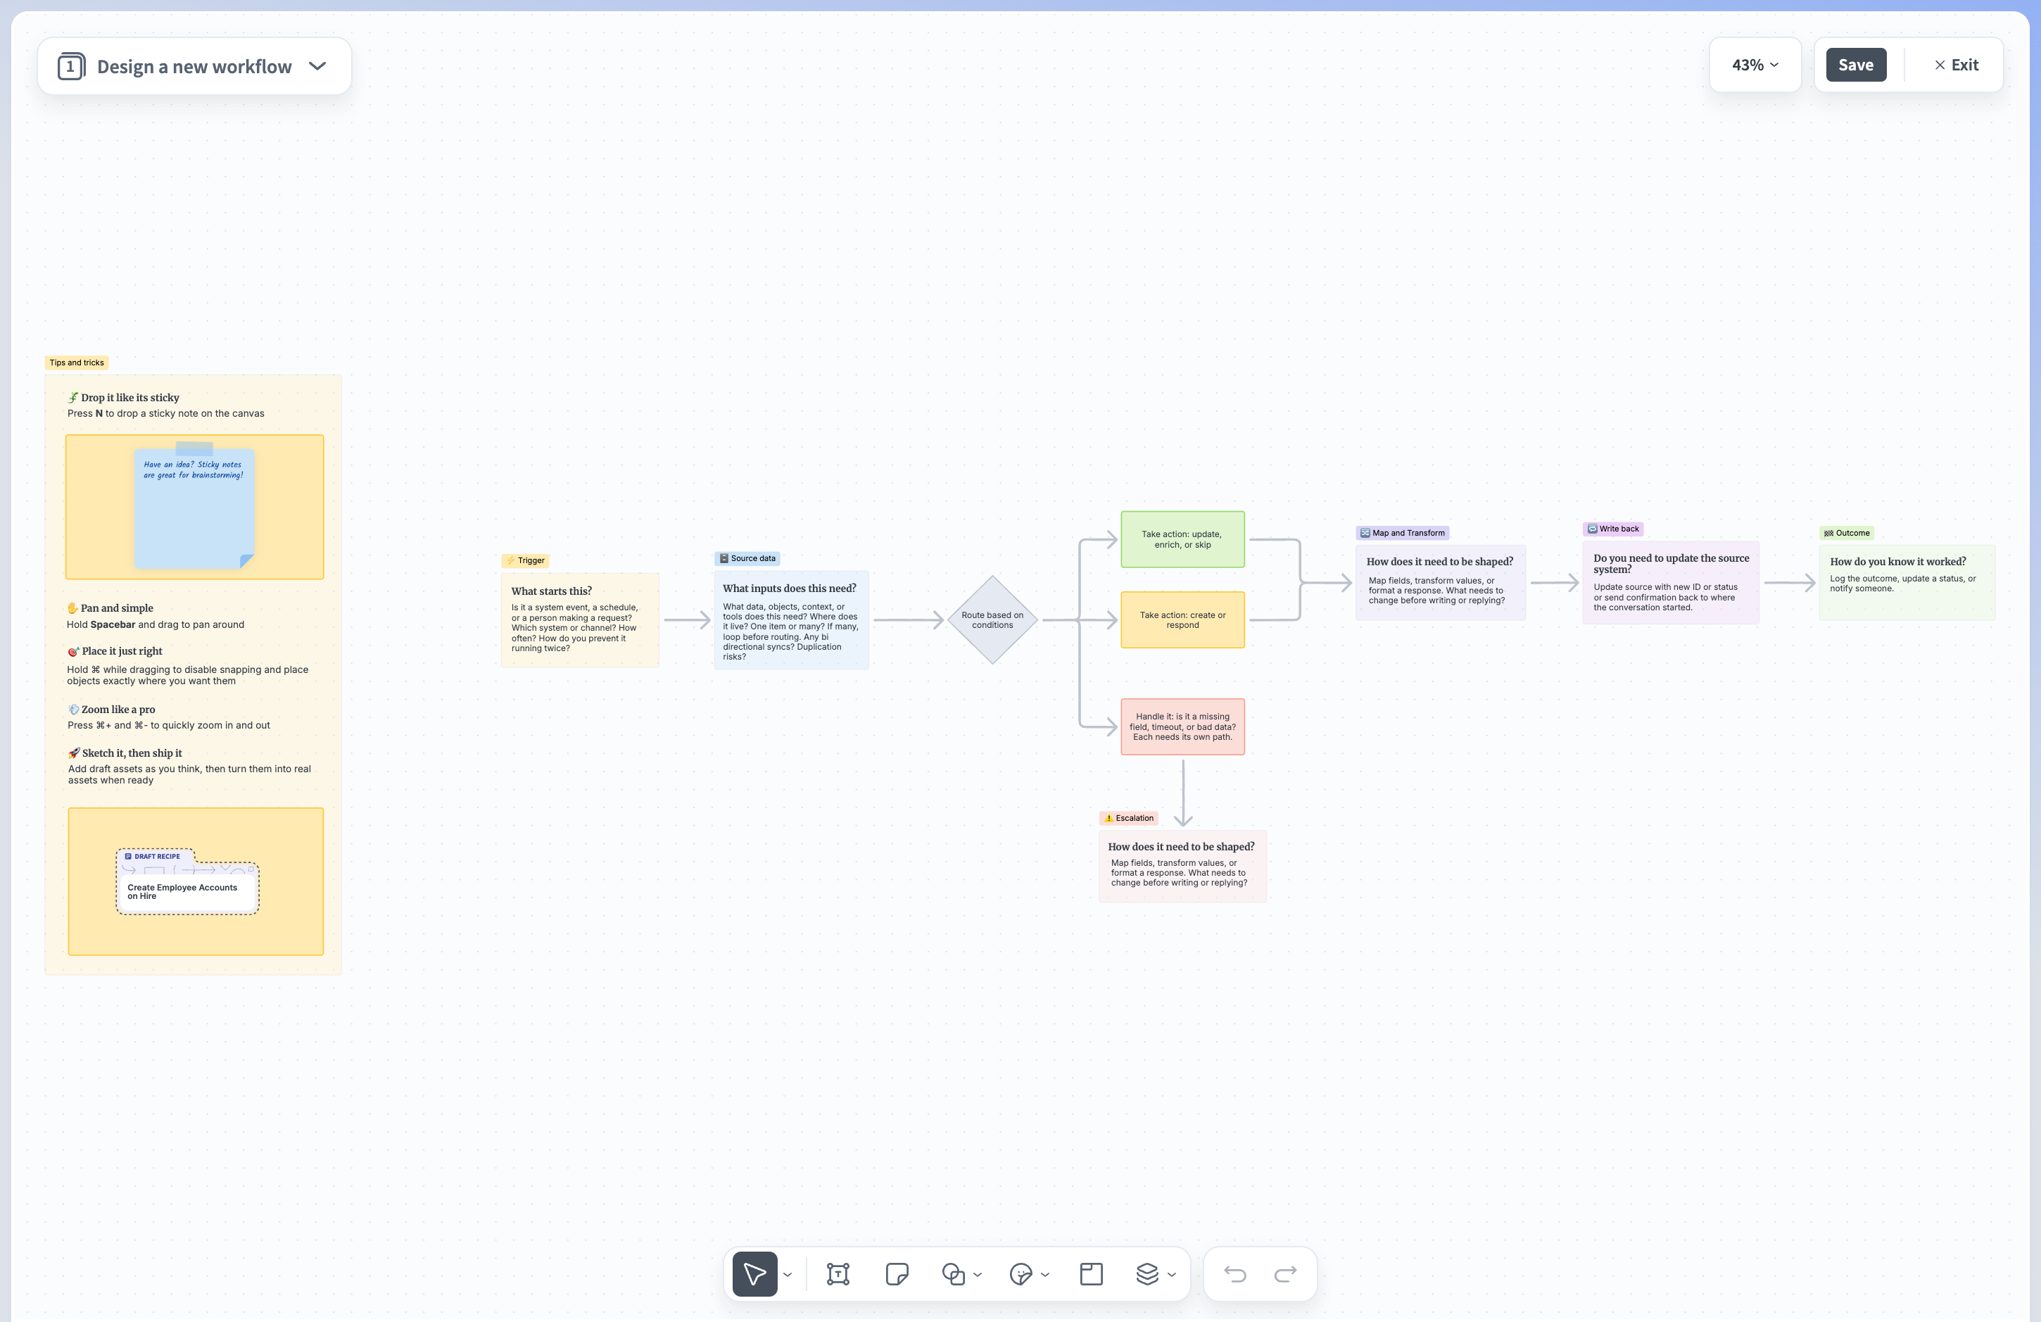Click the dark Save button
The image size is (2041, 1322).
(x=1856, y=65)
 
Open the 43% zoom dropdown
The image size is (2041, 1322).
(x=1755, y=65)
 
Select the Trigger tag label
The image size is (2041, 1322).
(x=525, y=560)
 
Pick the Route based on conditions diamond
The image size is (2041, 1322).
(x=992, y=619)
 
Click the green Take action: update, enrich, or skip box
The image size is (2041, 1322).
(x=1182, y=539)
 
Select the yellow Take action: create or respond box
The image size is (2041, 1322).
(x=1182, y=619)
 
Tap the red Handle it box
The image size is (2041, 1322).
(x=1182, y=726)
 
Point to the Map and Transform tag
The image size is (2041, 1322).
(x=1402, y=533)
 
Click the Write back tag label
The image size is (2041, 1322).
(x=1613, y=529)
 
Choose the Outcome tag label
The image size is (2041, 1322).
(x=1847, y=533)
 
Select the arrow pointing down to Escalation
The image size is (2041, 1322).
(x=1184, y=793)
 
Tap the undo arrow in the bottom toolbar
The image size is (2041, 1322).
(x=1235, y=1274)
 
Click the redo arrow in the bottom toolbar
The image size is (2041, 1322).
(x=1286, y=1274)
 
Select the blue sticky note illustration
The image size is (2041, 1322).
(x=195, y=506)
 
